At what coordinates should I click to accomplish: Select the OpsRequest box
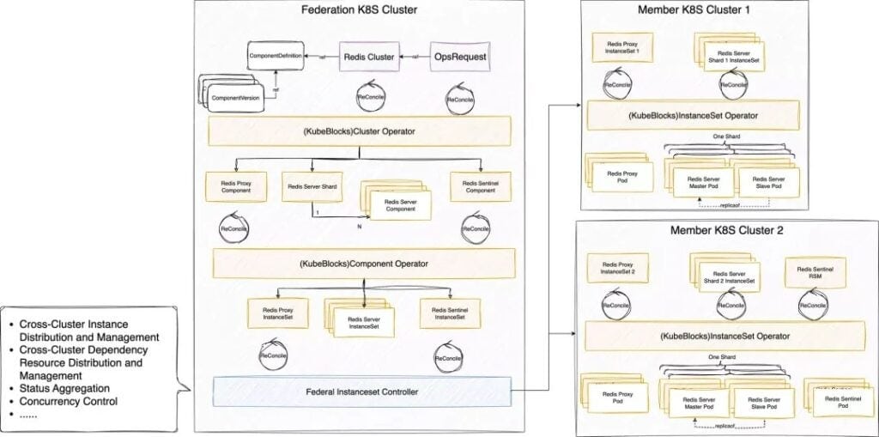coord(459,58)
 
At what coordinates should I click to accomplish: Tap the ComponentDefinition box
coord(278,56)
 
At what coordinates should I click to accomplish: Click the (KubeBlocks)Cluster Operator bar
coord(361,131)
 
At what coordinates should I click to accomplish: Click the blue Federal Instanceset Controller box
coord(361,392)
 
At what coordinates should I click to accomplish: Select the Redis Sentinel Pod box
coord(838,399)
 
